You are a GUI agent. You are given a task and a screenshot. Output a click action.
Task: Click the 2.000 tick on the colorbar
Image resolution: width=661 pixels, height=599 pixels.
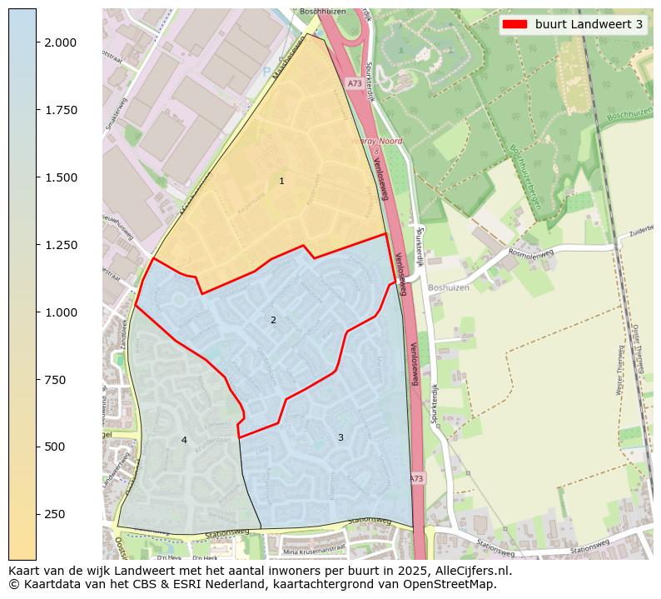tap(59, 42)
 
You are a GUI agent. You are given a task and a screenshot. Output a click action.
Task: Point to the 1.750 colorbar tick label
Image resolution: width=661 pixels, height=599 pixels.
tap(59, 110)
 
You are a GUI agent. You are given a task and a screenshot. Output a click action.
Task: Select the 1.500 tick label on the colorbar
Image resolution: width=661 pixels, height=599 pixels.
tap(59, 177)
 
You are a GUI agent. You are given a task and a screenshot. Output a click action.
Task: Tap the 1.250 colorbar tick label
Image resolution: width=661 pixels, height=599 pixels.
tap(59, 245)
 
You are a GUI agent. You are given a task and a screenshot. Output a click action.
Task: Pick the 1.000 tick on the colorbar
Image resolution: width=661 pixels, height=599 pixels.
tap(59, 312)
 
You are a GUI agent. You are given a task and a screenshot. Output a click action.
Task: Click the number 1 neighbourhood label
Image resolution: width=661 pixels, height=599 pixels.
tap(281, 181)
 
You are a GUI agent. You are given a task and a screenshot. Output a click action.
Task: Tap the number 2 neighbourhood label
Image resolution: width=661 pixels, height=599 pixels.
tap(273, 320)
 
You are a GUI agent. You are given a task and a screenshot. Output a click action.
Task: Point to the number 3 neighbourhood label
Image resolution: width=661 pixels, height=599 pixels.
tap(340, 437)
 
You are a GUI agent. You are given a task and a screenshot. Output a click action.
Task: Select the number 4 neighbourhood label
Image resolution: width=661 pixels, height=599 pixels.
tap(184, 440)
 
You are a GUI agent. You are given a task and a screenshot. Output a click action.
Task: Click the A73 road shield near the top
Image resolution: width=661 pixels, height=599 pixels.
tap(354, 83)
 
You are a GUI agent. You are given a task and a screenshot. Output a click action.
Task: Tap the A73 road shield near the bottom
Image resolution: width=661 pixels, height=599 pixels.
tap(416, 478)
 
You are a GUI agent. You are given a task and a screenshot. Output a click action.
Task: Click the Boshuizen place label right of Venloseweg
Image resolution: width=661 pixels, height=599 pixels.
tap(449, 287)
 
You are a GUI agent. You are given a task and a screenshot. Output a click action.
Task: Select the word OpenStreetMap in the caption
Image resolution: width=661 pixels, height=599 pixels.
tap(453, 584)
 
